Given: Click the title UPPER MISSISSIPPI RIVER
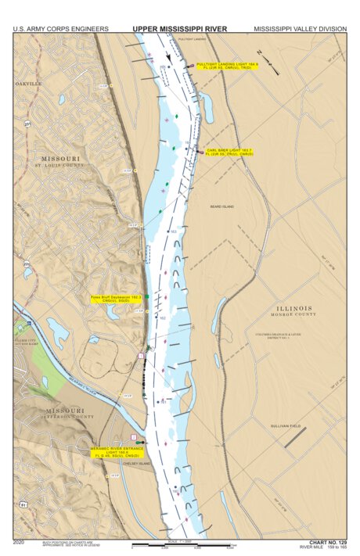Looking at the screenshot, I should [179, 28].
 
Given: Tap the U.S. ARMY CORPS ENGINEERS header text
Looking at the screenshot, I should [60, 29].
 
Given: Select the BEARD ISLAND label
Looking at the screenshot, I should [222, 206].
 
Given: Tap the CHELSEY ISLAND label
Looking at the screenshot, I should [134, 463].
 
